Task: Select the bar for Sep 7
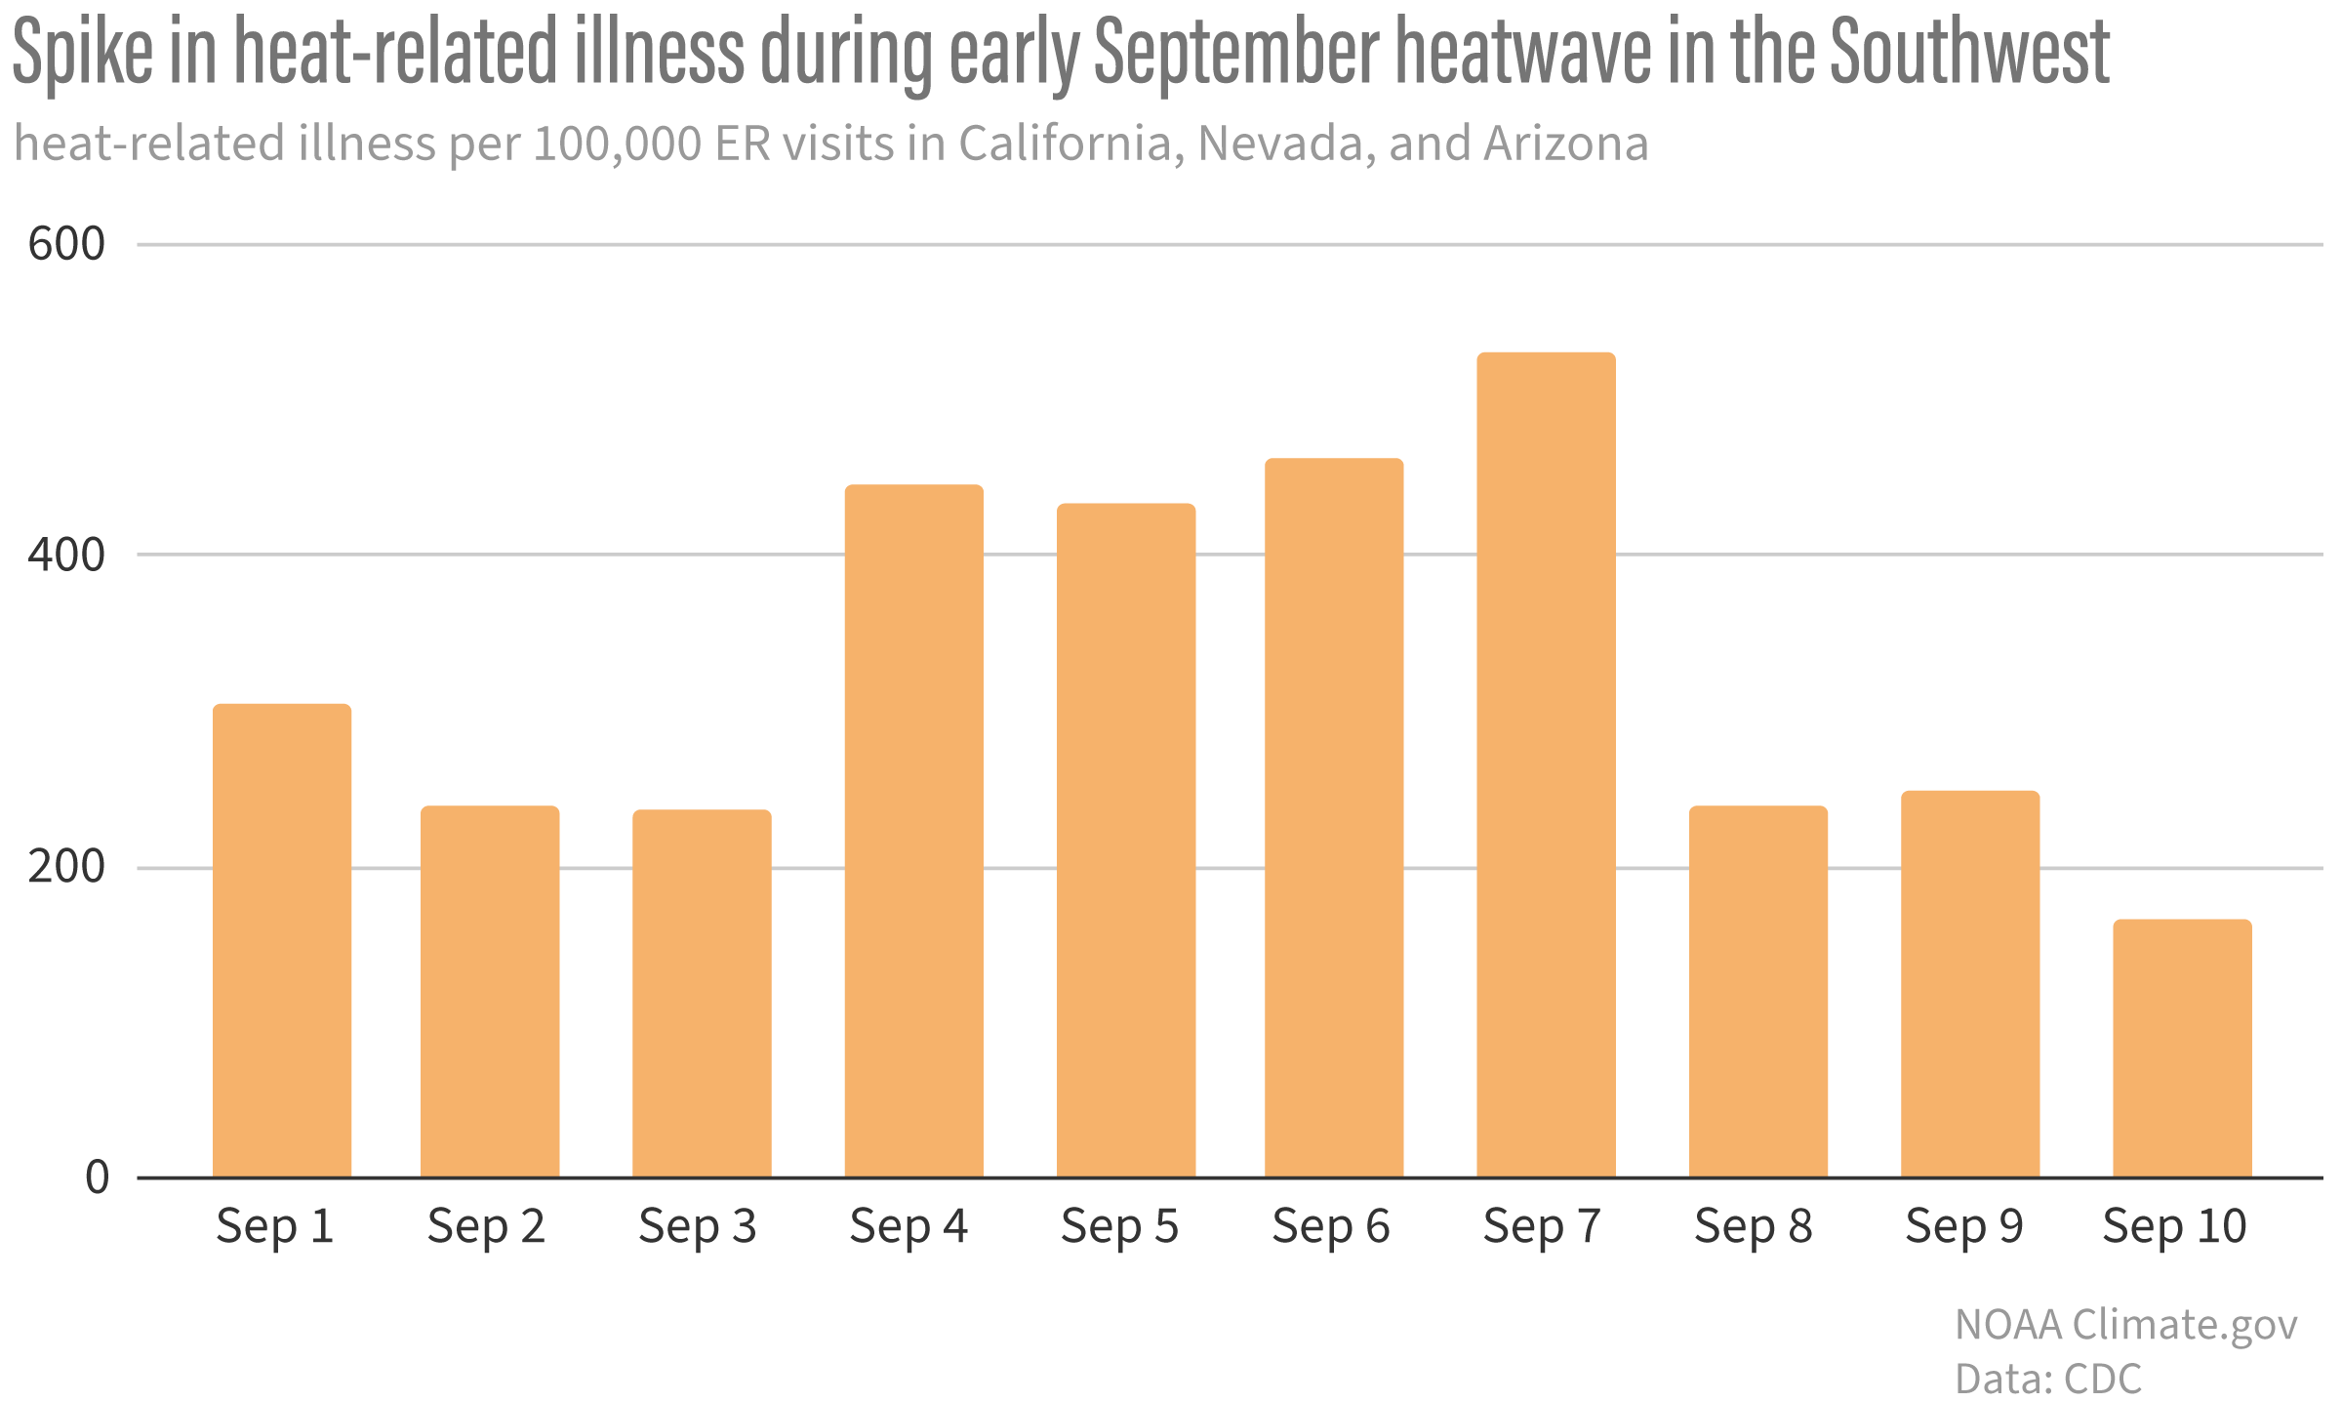point(1546,765)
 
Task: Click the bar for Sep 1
point(282,941)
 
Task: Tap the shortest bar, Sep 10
point(2182,1049)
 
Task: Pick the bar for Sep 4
point(913,831)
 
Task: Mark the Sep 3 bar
point(702,994)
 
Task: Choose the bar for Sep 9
point(1970,984)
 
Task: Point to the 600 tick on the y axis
point(66,244)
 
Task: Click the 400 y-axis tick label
point(66,556)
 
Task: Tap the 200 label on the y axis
point(66,867)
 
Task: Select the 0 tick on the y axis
point(98,1177)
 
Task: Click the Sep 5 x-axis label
point(1119,1226)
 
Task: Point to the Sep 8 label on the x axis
point(1753,1226)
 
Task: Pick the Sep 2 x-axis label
point(486,1226)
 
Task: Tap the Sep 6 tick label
point(1330,1226)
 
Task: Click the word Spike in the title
point(82,54)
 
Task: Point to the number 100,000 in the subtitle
point(618,144)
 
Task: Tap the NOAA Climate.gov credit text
point(2125,1325)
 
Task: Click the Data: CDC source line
point(2048,1379)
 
